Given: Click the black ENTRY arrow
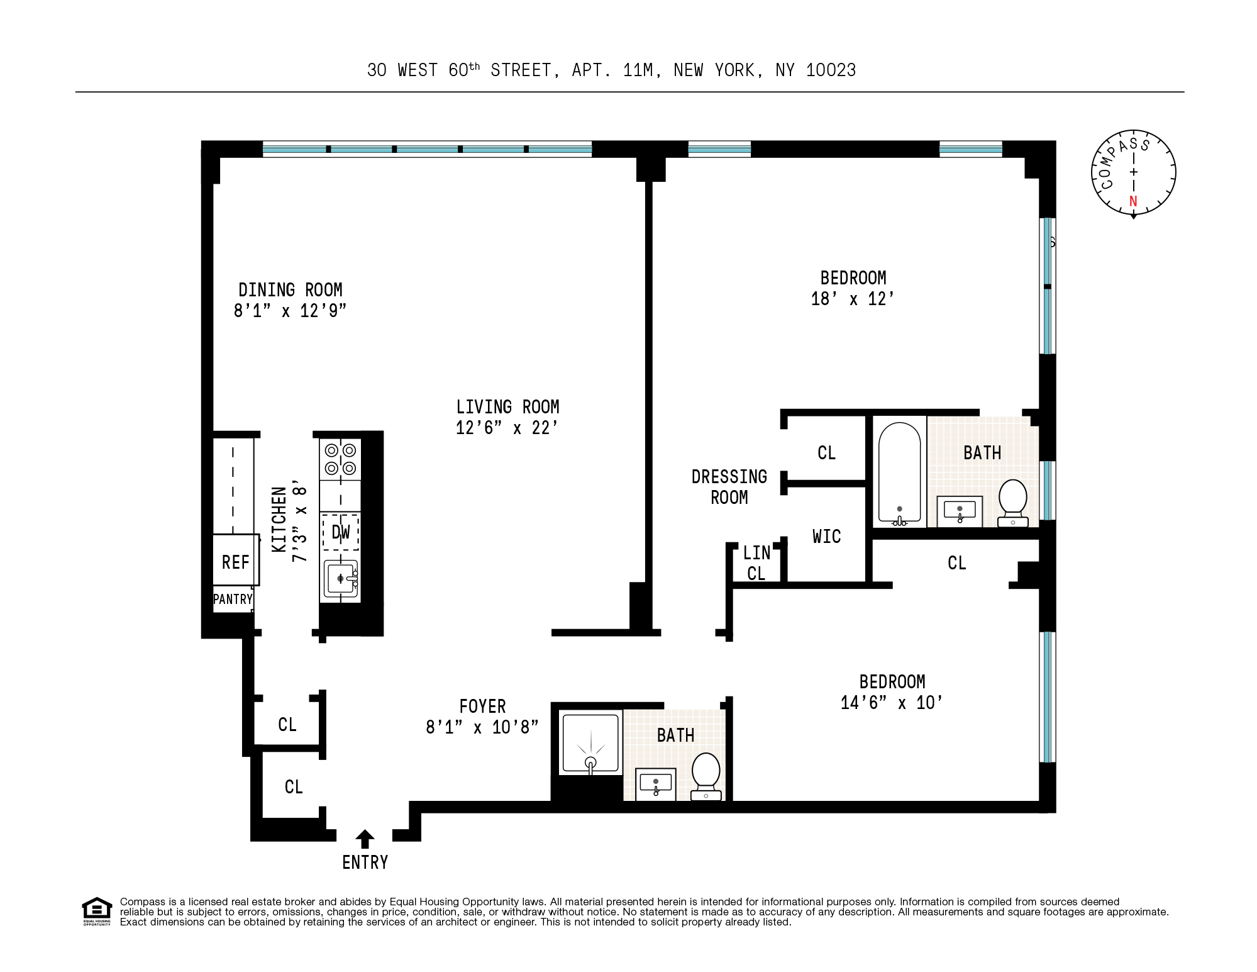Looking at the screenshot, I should click(x=365, y=839).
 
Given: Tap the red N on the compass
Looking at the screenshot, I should click(x=1133, y=201).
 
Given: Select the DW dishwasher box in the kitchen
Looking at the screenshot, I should click(x=341, y=532).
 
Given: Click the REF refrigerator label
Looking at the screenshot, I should click(x=236, y=562).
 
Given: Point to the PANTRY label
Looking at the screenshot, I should click(x=233, y=599).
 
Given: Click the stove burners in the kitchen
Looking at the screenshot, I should click(x=340, y=459).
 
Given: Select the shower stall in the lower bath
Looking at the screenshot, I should click(x=590, y=742).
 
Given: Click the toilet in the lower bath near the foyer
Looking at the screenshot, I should click(x=706, y=776).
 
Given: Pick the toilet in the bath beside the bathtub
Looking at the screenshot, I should click(x=1012, y=502).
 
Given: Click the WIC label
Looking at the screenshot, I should click(x=826, y=537).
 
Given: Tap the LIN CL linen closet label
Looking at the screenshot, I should click(x=756, y=563).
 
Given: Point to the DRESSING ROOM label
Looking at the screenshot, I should click(x=729, y=487).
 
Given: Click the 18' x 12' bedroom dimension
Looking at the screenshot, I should click(x=853, y=299).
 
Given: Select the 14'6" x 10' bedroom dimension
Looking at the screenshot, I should click(x=892, y=703).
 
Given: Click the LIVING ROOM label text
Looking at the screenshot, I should click(x=507, y=407).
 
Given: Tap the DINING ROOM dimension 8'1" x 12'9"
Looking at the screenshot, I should click(x=290, y=311).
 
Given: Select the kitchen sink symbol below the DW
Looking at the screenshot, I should click(x=340, y=578).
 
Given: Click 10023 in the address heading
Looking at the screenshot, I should click(x=831, y=70).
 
